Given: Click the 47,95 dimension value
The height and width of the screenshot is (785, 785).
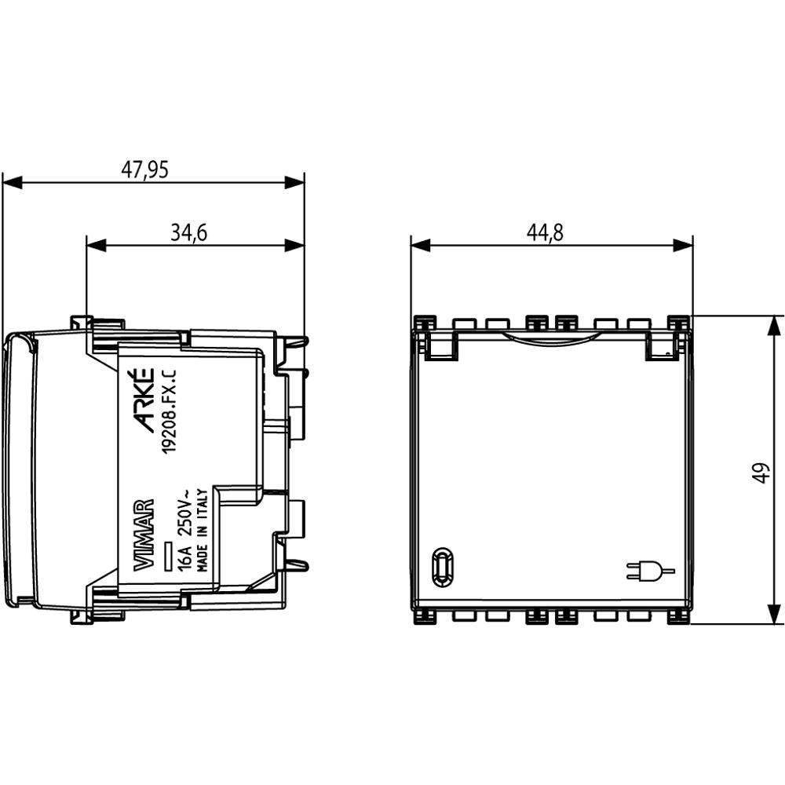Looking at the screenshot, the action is [x=144, y=170].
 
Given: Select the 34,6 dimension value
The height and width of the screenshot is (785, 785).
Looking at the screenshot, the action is [x=188, y=233].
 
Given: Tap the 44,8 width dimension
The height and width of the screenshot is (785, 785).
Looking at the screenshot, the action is [x=545, y=233].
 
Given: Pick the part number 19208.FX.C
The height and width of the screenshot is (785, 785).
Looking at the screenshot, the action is [x=172, y=411].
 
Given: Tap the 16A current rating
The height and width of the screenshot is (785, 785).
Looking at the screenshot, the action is [x=185, y=558].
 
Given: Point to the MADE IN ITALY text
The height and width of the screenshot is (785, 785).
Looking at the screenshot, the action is [x=203, y=531].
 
